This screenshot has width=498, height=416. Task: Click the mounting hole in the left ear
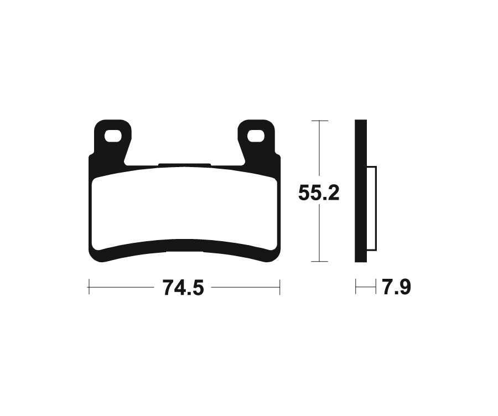[x=115, y=135]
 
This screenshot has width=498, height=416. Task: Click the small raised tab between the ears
[x=184, y=164]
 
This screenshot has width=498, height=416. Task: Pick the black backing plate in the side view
[x=360, y=191]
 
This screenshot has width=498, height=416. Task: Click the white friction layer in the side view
[x=372, y=207]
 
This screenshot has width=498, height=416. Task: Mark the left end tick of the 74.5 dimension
[x=89, y=288]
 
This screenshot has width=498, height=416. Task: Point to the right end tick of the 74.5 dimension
[x=280, y=288]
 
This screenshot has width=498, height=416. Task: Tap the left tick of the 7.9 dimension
[x=356, y=288]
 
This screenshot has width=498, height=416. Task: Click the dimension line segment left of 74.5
[x=122, y=288]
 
